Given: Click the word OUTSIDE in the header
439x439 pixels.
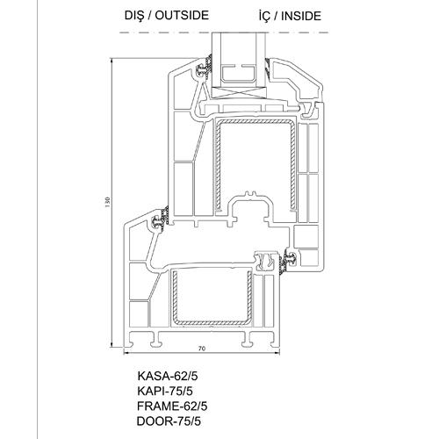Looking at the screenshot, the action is click(182, 15).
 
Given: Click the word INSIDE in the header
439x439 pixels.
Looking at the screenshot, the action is click(301, 16).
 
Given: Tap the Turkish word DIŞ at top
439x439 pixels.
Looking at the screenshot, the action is click(134, 16).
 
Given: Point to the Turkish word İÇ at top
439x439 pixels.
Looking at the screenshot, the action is click(264, 16).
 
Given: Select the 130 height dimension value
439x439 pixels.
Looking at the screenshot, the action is click(107, 203).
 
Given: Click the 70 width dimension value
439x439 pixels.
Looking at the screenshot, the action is click(202, 349).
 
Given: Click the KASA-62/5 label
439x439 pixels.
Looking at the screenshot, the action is click(168, 376).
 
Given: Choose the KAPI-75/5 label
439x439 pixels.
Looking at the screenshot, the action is click(165, 391).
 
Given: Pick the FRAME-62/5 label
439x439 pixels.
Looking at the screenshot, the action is click(172, 407).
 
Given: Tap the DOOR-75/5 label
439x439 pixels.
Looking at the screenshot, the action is click(169, 421).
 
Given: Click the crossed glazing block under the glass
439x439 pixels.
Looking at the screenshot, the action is click(239, 92).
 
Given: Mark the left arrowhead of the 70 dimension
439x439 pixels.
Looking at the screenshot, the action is click(126, 353).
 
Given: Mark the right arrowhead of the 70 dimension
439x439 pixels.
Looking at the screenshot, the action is click(277, 353).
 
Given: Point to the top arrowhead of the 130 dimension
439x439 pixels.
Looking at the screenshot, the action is click(112, 61).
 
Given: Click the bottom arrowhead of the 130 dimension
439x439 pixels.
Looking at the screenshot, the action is click(112, 345).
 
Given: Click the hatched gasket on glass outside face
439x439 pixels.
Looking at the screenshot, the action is click(209, 66).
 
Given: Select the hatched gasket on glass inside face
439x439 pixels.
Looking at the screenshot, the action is click(267, 68).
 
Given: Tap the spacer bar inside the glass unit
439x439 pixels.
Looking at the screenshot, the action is click(239, 74).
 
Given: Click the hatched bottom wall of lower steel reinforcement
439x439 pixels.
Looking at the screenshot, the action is click(212, 323).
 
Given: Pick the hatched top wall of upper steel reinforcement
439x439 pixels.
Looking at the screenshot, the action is click(255, 121).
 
